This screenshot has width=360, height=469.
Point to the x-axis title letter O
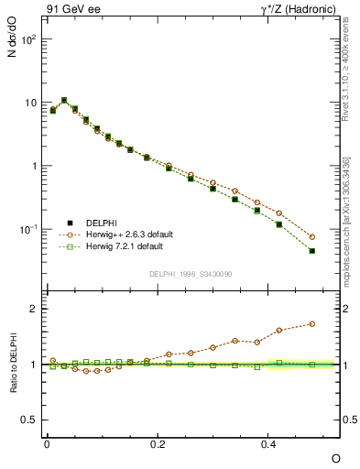pyautogui.click(x=335, y=457)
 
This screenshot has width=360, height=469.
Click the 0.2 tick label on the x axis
pyautogui.click(x=158, y=443)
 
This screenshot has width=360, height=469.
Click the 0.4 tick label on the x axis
pyautogui.click(x=268, y=443)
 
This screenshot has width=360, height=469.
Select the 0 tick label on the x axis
pyautogui.click(x=47, y=443)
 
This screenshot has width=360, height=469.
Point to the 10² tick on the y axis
pyautogui.click(x=29, y=40)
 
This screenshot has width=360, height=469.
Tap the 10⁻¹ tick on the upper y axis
pyautogui.click(x=29, y=228)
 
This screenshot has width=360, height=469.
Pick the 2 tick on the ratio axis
pyautogui.click(x=32, y=309)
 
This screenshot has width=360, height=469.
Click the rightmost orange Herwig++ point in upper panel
pyautogui.click(x=312, y=237)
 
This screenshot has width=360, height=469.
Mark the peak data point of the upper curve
pyautogui.click(x=64, y=101)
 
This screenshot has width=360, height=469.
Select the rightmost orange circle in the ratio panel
pyautogui.click(x=312, y=323)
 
